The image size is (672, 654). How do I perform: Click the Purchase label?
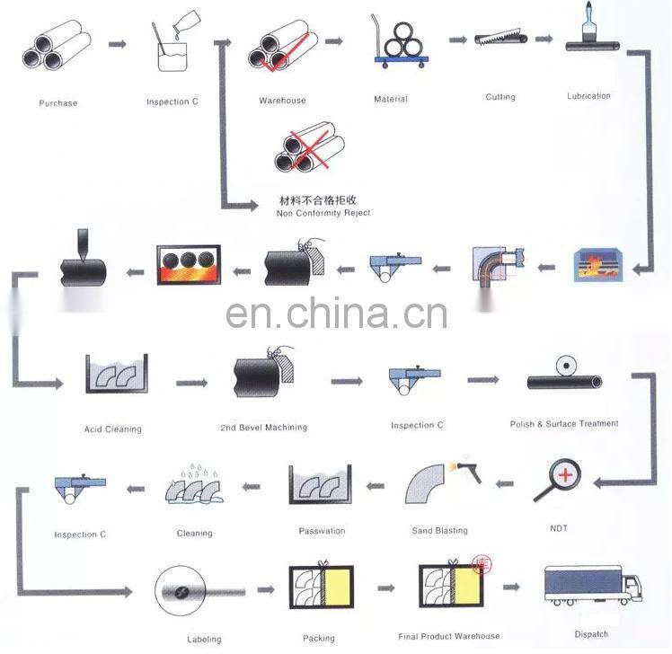(x=58, y=102)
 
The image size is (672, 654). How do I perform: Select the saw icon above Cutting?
(x=500, y=38)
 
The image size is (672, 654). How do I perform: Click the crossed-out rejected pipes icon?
(x=309, y=147)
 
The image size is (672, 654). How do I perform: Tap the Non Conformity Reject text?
(x=323, y=213)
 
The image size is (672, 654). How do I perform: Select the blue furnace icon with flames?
(x=597, y=265)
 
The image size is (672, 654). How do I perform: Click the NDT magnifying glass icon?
(x=557, y=480)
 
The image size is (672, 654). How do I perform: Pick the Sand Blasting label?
(x=439, y=531)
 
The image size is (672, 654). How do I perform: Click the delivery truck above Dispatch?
(x=593, y=585)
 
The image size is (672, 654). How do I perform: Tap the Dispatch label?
(x=591, y=634)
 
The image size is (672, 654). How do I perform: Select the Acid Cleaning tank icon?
(x=117, y=374)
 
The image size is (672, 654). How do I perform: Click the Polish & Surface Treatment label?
(x=564, y=424)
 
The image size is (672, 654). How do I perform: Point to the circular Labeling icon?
(x=181, y=590)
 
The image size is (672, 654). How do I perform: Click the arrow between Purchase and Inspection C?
(x=118, y=44)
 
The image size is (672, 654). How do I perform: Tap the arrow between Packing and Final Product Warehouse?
(x=385, y=588)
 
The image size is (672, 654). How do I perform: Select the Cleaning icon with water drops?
(x=194, y=484)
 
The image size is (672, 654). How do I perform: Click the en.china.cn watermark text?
(x=336, y=314)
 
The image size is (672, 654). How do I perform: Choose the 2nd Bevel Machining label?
(x=264, y=428)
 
